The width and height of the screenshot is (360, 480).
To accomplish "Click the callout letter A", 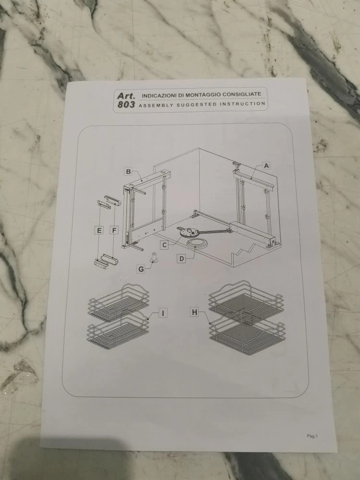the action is (266, 166).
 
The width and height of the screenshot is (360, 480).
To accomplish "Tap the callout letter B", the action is (129, 172).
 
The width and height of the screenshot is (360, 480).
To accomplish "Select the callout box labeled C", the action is (164, 245).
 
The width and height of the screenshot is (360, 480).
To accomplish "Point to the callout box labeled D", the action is (182, 259).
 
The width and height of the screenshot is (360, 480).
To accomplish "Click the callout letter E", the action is (99, 230).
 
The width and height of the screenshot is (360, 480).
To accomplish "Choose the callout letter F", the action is (114, 230).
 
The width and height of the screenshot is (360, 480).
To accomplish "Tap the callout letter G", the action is (141, 269).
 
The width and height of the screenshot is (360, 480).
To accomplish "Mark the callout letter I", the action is (163, 313).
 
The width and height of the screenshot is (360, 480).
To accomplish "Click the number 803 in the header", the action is (126, 105).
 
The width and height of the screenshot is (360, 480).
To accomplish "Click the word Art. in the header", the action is (126, 96).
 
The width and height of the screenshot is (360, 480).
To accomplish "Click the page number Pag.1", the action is (312, 436).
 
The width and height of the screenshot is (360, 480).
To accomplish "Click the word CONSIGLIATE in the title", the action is (242, 94).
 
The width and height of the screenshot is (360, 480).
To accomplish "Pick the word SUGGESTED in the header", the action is (196, 105).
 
